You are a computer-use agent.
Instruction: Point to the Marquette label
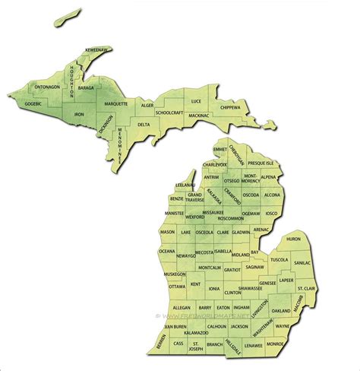tap(115, 103)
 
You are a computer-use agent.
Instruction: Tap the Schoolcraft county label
tap(169, 113)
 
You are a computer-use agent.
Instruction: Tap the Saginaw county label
tap(255, 267)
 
